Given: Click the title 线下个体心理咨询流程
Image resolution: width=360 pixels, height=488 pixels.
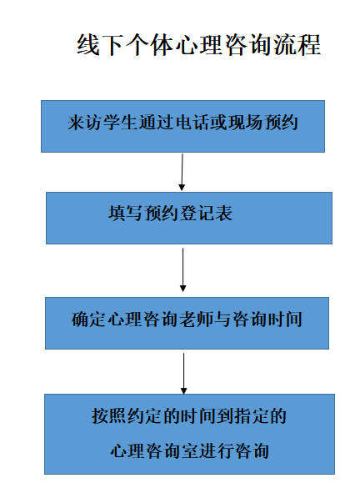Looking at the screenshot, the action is (x=198, y=45).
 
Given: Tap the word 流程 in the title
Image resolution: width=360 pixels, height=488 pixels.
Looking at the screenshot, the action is (x=297, y=45).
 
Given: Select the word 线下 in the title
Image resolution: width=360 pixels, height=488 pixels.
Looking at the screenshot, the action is (x=100, y=45).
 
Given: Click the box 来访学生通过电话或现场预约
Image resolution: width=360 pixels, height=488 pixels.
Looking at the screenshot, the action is (x=182, y=126).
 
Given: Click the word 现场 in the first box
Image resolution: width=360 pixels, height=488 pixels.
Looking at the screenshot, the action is (x=246, y=123).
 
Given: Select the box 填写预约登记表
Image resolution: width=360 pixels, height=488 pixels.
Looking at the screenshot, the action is (x=189, y=218).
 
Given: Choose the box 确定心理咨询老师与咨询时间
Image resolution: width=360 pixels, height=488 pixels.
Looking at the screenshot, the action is (x=187, y=323).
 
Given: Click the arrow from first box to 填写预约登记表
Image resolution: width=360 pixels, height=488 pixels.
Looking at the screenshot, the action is (x=182, y=172).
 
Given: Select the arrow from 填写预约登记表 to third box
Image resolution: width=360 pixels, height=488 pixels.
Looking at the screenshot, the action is (x=183, y=269).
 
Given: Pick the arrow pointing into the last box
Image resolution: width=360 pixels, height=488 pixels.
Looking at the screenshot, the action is (x=183, y=374).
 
